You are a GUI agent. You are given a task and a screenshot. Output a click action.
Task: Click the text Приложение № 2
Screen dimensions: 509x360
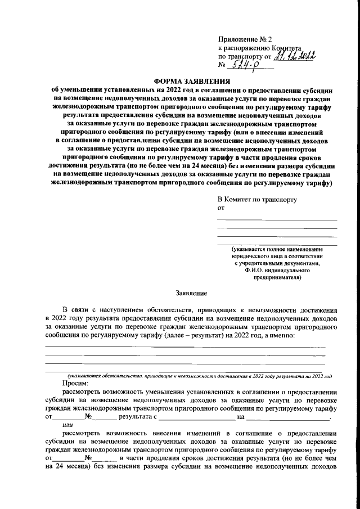[x=244, y=40]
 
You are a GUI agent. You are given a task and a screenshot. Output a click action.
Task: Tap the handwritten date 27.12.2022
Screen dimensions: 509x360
[x=295, y=56]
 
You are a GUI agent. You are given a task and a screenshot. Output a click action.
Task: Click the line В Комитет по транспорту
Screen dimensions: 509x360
[x=257, y=200]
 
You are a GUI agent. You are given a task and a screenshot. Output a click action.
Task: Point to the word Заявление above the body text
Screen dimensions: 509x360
[x=192, y=293]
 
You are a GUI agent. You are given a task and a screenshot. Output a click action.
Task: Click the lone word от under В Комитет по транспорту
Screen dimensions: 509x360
[x=221, y=208]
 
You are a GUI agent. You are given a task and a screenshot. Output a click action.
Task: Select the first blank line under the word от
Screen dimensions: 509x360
[x=277, y=219]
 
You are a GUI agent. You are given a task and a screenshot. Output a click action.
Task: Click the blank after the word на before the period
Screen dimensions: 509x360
[x=287, y=418]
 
